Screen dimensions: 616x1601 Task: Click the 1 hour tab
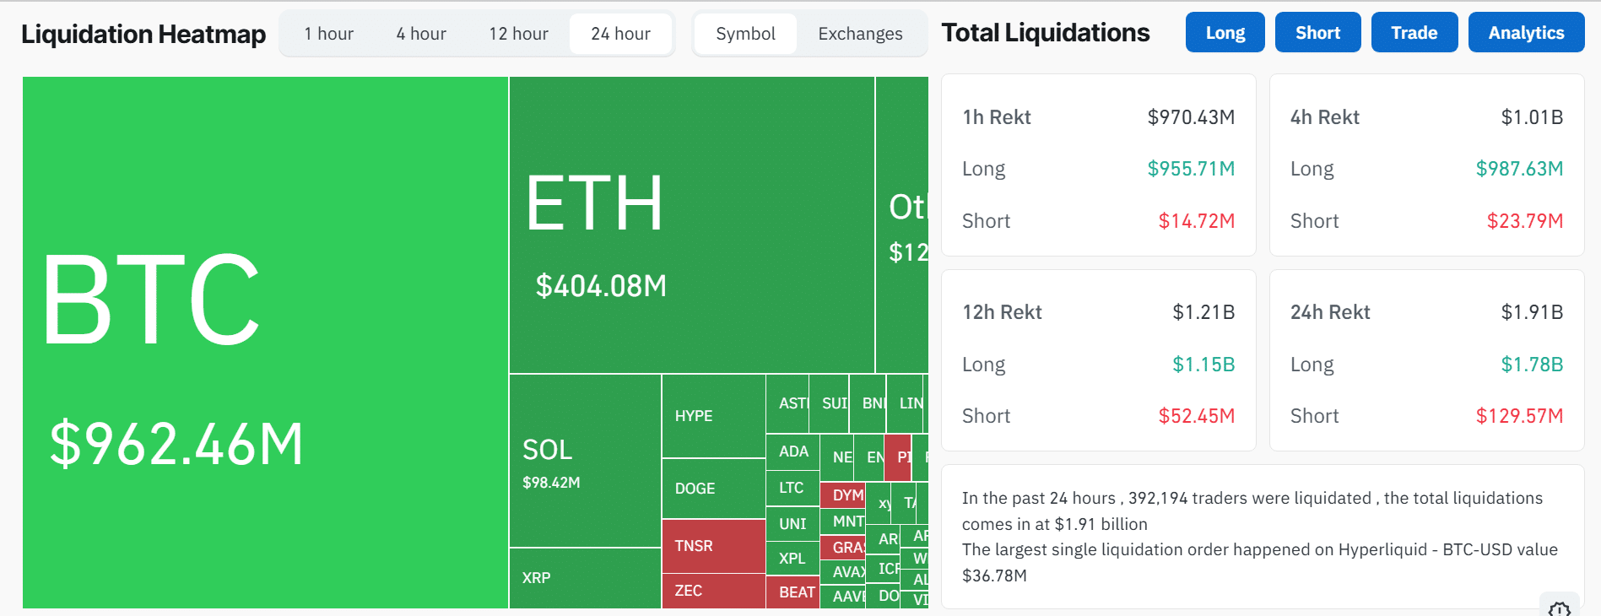click(328, 34)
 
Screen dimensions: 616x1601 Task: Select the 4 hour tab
click(421, 34)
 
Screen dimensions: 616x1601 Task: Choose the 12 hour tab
click(518, 34)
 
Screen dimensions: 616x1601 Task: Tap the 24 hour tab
click(620, 34)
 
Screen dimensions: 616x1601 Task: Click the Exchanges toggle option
click(860, 34)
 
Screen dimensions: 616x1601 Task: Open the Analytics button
click(1526, 33)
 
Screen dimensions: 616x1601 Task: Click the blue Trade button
click(1414, 33)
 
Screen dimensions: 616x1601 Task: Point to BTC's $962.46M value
click(176, 444)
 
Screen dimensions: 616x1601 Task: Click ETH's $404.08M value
click(601, 286)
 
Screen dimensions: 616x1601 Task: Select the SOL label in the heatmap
click(547, 450)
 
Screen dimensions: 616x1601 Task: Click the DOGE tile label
click(695, 489)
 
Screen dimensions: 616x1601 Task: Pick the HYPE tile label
click(694, 416)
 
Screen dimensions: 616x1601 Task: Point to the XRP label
click(536, 578)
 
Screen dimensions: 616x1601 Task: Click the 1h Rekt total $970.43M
click(1191, 117)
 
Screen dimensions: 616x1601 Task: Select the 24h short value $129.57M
click(1519, 416)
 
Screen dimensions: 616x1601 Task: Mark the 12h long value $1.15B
click(1203, 365)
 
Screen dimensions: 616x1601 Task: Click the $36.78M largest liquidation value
click(994, 575)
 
